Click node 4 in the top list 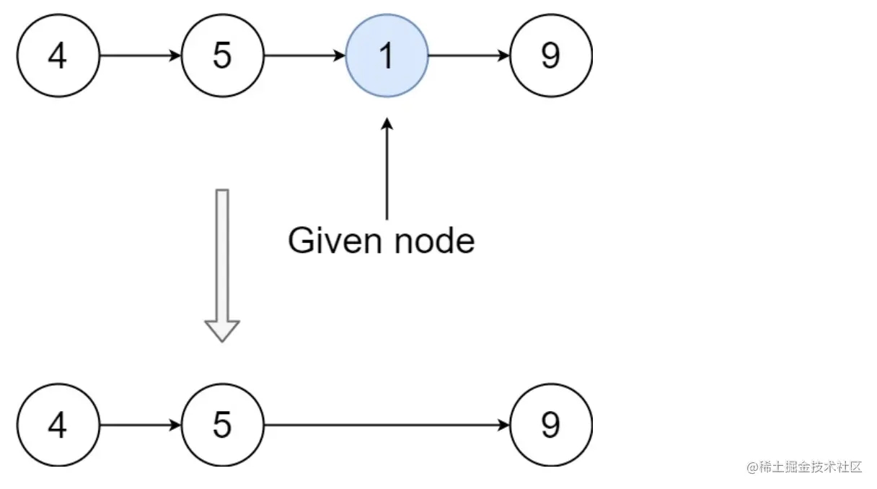(x=58, y=56)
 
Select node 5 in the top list (x=223, y=56)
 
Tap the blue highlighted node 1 (x=387, y=56)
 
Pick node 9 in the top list (x=551, y=56)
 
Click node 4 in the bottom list (x=58, y=425)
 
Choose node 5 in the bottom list (x=223, y=425)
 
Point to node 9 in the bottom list (x=551, y=425)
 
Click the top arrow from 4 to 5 (x=141, y=56)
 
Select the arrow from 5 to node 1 (x=305, y=56)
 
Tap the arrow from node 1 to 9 (x=469, y=56)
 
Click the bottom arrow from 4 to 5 (x=141, y=426)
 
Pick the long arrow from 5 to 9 (x=387, y=426)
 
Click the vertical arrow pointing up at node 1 (x=387, y=169)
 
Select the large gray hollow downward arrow (x=222, y=266)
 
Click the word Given (x=335, y=241)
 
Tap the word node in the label (x=435, y=241)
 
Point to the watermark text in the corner (x=804, y=467)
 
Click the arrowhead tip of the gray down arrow (x=222, y=342)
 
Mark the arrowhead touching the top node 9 (x=504, y=56)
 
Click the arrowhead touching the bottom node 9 (x=504, y=426)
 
